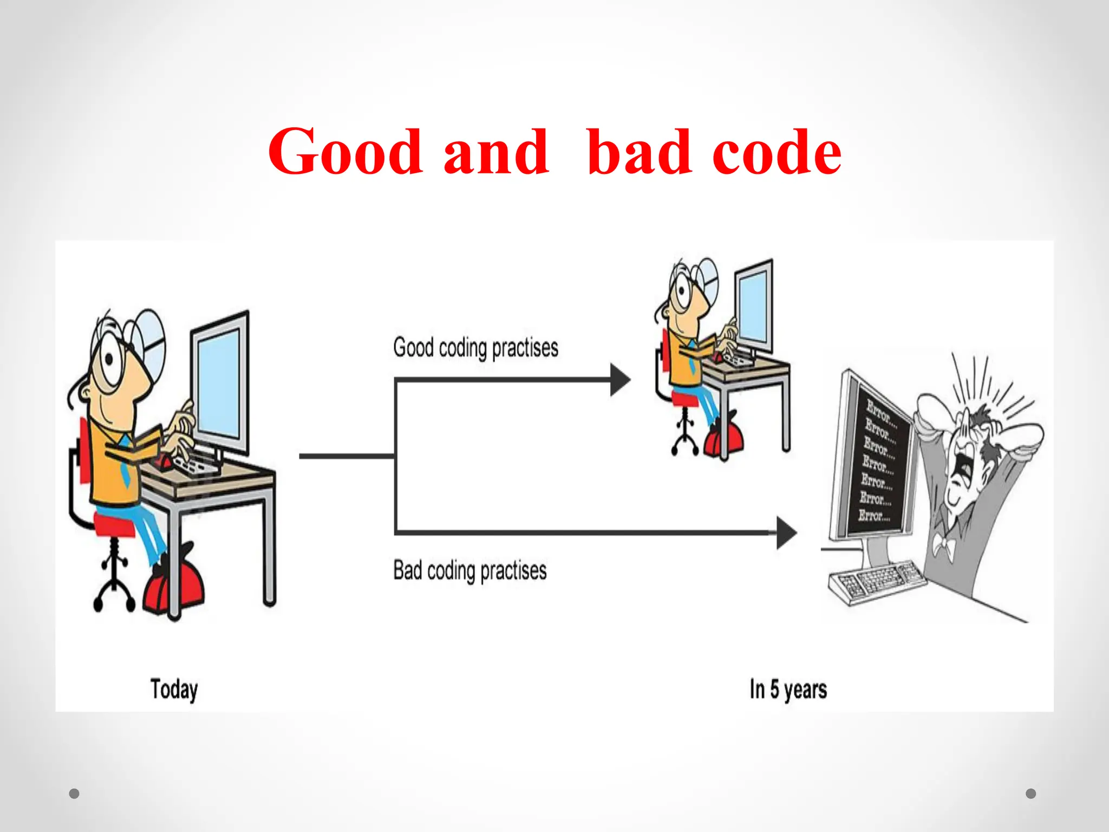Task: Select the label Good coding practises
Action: pos(475,348)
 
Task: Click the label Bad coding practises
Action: pos(469,570)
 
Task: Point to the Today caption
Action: pos(174,690)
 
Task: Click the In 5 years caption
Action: pos(788,690)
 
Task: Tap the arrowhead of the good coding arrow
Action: pos(620,380)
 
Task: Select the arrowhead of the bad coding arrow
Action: pos(786,532)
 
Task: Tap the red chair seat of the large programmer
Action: pos(114,524)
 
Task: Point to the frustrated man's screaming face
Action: pos(967,460)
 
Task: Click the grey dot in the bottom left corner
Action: pos(74,794)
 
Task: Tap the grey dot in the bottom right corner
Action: pos(1031,794)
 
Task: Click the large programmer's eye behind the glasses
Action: pos(109,359)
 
